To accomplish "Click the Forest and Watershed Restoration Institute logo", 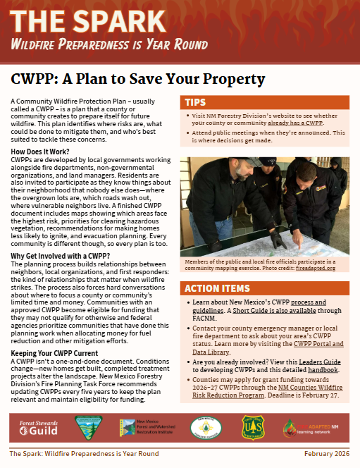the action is pos(147,427).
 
